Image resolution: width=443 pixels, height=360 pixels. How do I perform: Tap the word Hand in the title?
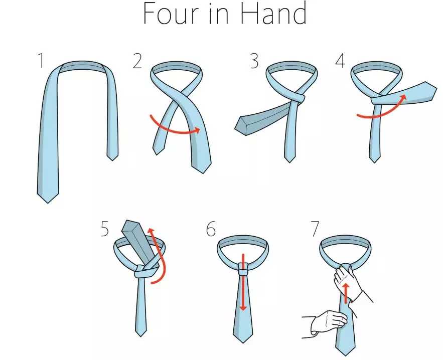(274, 13)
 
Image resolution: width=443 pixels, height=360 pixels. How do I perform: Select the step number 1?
(42, 61)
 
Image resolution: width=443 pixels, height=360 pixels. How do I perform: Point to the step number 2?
(137, 61)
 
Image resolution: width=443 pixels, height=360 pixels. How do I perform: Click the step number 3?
(254, 61)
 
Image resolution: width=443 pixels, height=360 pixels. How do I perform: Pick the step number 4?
(340, 61)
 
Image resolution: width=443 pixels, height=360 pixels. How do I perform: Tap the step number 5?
(104, 229)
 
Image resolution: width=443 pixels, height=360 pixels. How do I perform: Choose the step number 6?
(211, 229)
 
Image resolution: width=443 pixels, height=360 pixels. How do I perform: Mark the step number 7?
(315, 229)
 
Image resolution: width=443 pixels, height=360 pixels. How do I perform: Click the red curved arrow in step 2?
(173, 130)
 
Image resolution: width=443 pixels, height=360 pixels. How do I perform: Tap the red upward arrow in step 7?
(345, 293)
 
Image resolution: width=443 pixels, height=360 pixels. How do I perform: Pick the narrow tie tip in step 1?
(112, 157)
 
